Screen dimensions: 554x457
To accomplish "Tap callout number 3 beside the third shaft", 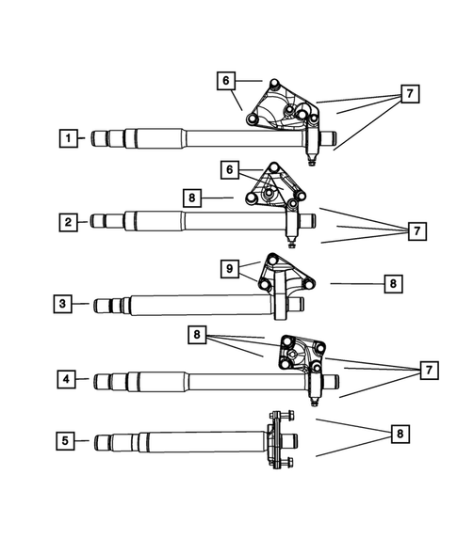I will tap(63, 303).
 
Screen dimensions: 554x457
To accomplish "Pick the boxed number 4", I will tap(67, 380).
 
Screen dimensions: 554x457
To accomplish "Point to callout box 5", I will tap(66, 439).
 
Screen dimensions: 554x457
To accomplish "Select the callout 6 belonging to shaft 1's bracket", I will tap(226, 81).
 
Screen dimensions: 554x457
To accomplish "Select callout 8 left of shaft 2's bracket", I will tap(194, 198).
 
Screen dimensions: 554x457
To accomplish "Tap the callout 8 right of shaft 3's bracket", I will tap(394, 282).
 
